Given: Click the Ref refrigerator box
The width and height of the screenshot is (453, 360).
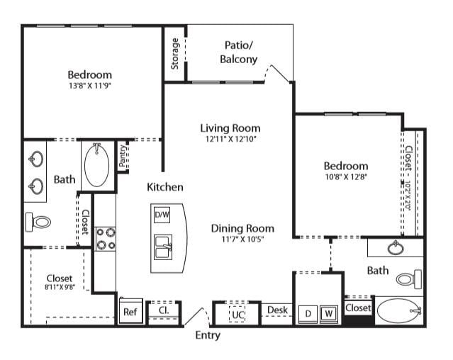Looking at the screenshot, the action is (x=131, y=310).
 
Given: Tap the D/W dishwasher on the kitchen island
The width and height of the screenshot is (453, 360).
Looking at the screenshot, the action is (x=162, y=215).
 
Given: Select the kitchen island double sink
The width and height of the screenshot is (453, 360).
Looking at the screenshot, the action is (x=163, y=247).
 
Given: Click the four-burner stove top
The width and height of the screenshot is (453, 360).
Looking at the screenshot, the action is (x=106, y=239).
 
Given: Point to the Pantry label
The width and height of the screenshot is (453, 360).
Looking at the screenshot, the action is (x=123, y=156).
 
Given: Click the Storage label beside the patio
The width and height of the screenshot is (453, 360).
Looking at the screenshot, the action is (x=175, y=54).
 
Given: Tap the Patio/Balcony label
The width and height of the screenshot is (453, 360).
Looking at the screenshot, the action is (x=239, y=52).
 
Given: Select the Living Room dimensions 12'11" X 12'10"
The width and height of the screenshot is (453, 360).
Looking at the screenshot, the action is (x=231, y=139).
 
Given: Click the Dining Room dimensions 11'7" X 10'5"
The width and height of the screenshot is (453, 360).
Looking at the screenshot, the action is (x=242, y=239).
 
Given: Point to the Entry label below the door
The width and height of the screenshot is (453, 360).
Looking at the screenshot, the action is (x=208, y=335).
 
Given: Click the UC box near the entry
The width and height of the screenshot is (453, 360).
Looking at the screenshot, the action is (x=237, y=315).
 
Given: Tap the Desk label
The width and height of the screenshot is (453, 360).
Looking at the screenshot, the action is (x=277, y=310).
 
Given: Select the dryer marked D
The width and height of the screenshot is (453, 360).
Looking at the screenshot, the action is (x=308, y=314).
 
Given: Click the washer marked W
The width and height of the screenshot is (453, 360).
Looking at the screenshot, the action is (x=328, y=314).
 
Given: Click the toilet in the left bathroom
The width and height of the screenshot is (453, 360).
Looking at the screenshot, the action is (x=38, y=222).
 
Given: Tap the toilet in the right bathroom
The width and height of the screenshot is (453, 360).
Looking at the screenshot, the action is (x=409, y=279).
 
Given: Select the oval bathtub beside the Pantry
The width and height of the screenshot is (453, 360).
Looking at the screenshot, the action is (x=97, y=165).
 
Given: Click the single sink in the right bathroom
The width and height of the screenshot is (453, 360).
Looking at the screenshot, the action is (x=396, y=247).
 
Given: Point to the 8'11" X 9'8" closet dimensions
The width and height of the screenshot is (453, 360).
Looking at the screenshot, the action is (x=60, y=287).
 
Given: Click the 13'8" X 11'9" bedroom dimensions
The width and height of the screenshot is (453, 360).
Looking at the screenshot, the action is (x=90, y=86).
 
